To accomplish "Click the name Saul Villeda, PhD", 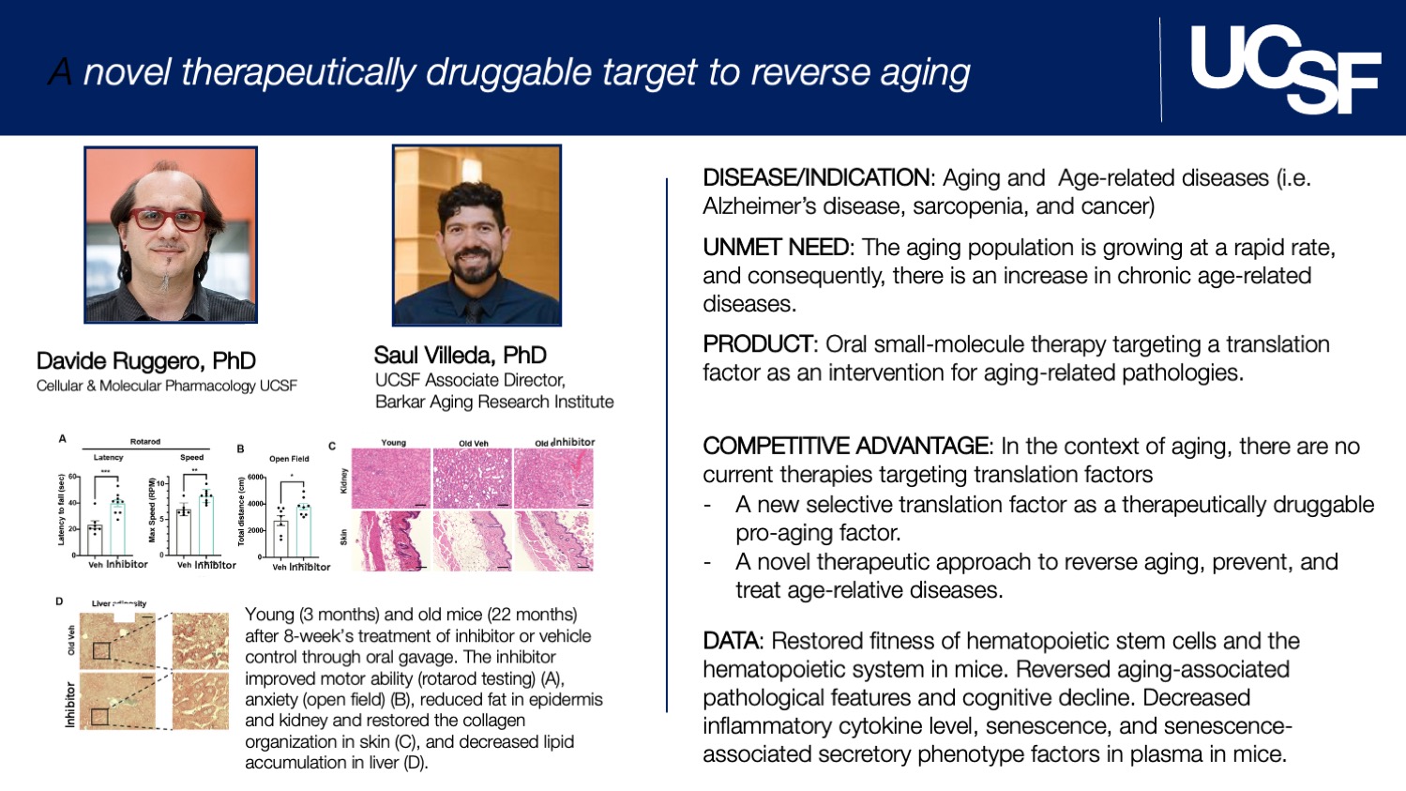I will pos(460,356).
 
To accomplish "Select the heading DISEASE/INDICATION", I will pos(816,178).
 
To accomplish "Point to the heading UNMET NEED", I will pos(776,248).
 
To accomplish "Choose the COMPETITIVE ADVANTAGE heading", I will pos(845,447).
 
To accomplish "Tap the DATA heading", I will pos(731,642).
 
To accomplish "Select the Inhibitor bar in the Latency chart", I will pos(117,528).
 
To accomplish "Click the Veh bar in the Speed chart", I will pos(184,532).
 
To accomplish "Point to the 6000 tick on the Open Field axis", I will pos(255,478).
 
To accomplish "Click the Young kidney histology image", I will pos(391,479).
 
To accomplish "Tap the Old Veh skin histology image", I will pos(473,540).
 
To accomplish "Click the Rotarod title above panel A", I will pos(144,441).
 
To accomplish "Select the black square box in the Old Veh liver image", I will pos(101,650).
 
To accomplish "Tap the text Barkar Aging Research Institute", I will pos(494,403).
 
